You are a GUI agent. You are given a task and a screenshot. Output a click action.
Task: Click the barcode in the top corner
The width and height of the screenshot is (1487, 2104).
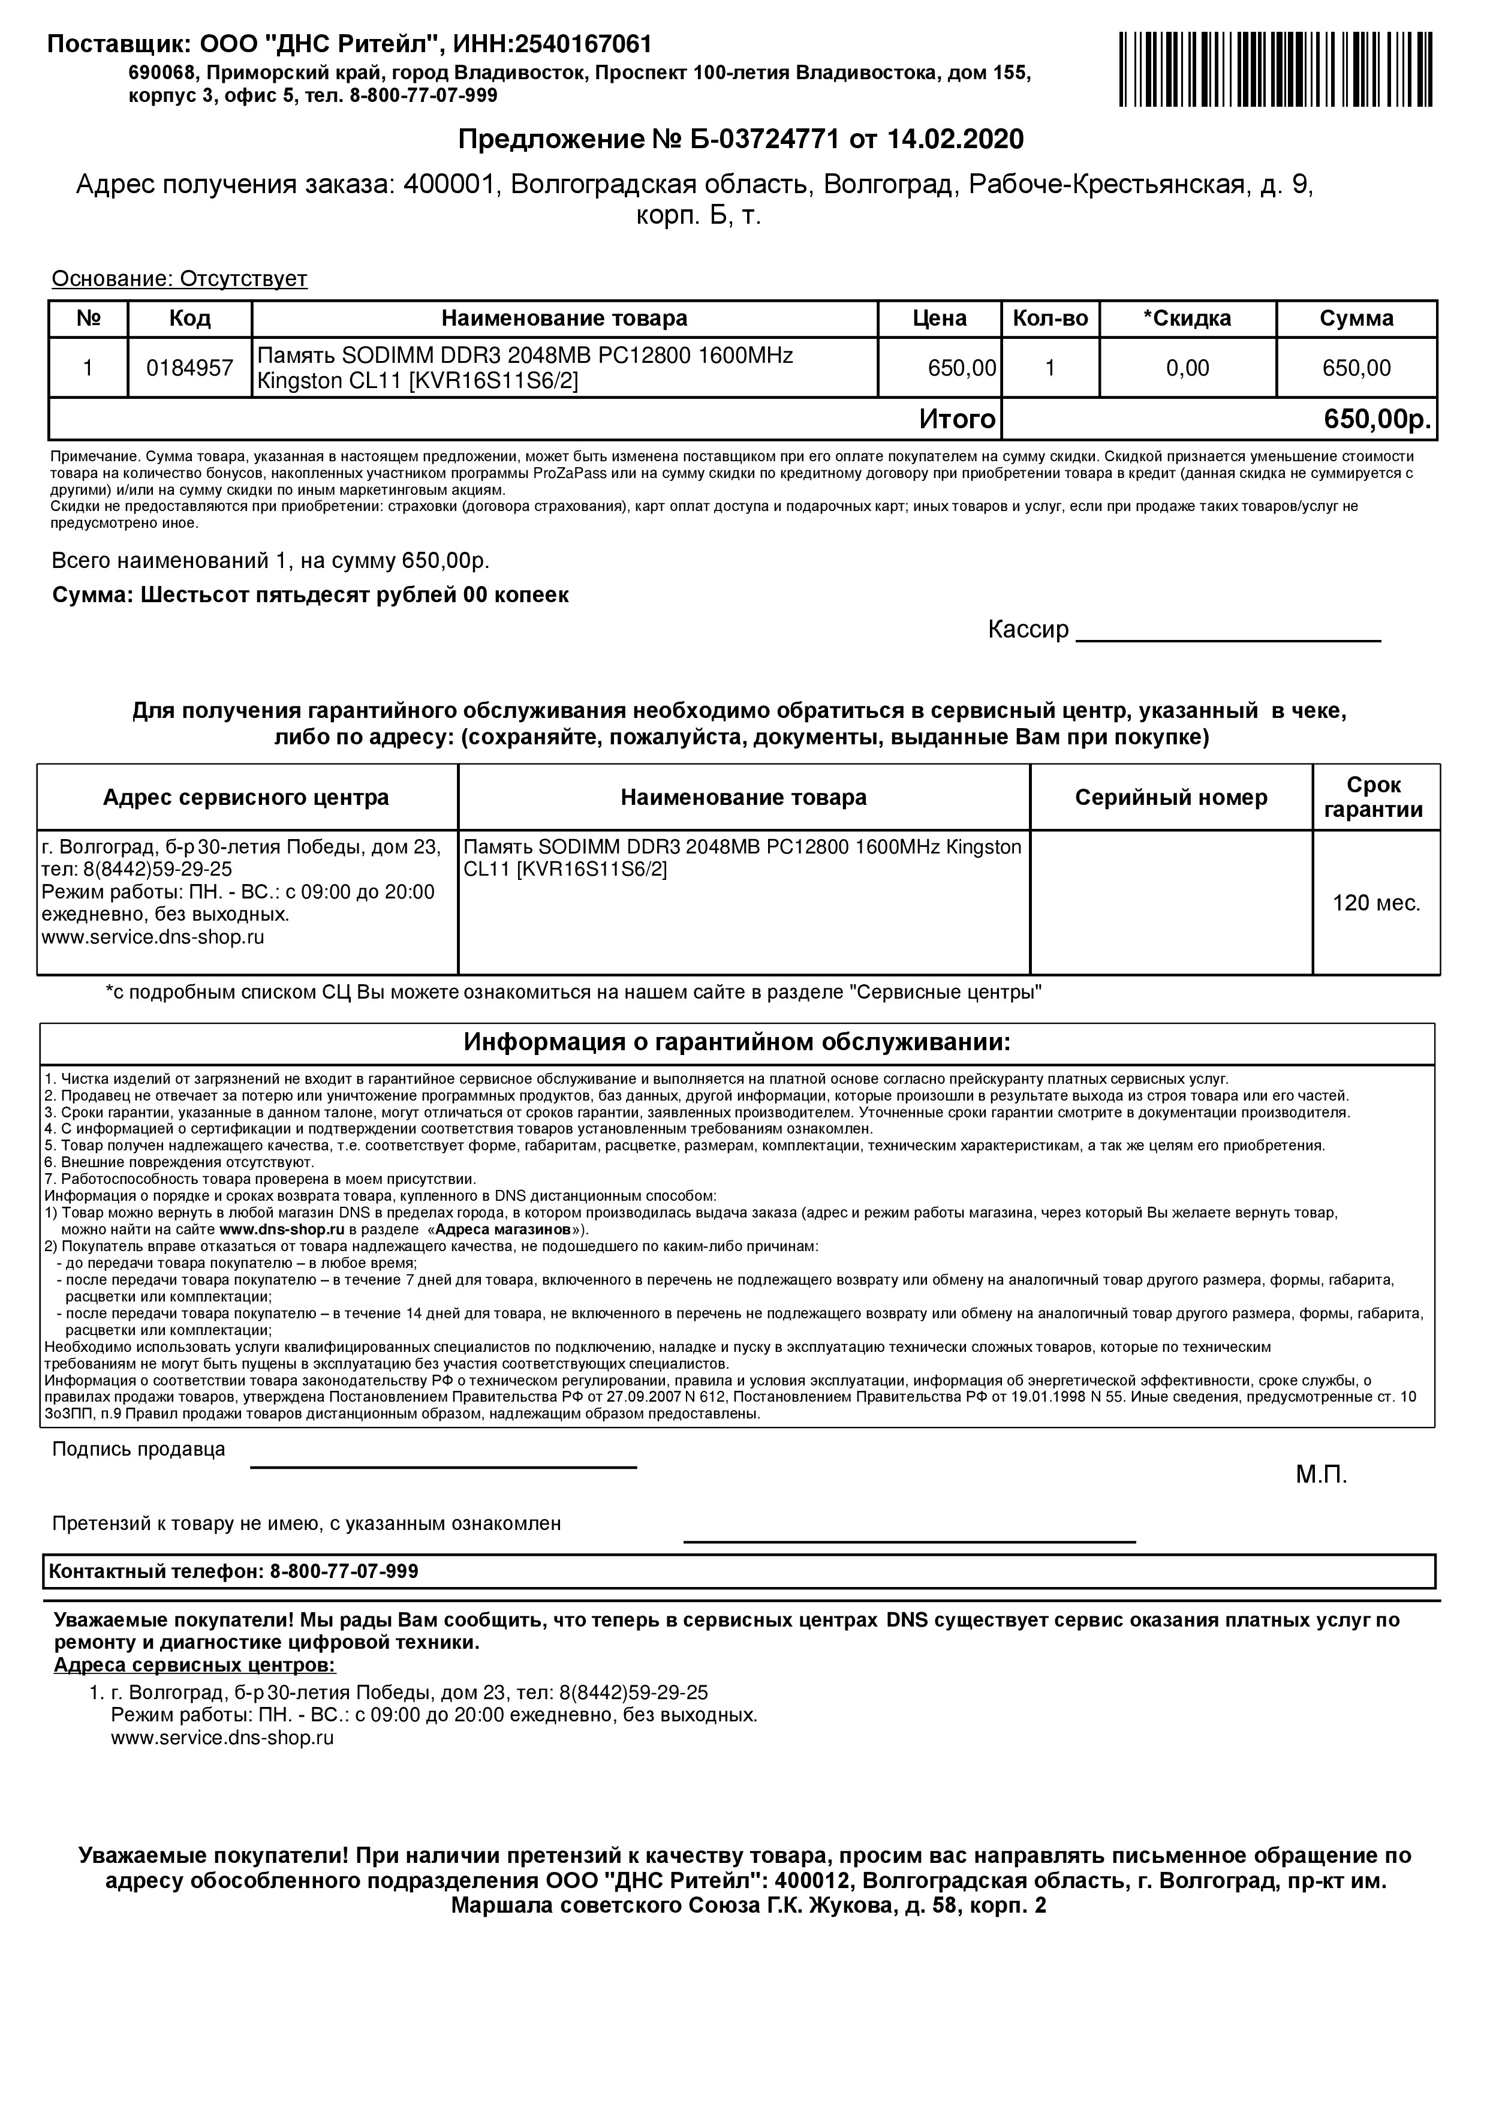tap(1277, 69)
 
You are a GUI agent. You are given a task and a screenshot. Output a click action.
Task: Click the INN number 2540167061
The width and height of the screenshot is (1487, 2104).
tap(583, 44)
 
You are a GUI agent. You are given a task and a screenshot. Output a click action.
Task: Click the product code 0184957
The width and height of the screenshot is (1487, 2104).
tap(189, 368)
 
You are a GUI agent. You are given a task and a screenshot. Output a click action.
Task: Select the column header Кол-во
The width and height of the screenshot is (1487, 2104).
tap(1050, 319)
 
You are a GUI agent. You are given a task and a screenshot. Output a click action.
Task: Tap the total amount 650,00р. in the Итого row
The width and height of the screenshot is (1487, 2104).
tap(1377, 420)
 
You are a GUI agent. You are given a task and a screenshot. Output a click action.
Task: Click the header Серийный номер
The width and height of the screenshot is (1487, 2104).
tap(1171, 797)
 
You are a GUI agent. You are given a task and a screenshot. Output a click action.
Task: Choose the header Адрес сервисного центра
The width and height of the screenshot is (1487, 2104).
tap(246, 797)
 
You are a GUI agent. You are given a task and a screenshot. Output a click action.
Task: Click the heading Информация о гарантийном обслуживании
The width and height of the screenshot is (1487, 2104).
tap(737, 1043)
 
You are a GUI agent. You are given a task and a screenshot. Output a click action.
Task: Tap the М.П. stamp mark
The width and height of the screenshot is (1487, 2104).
tap(1321, 1475)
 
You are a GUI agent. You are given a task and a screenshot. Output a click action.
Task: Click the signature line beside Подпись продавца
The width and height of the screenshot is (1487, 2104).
tap(444, 1466)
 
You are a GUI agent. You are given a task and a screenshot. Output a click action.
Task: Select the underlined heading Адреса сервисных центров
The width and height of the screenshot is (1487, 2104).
tap(194, 1664)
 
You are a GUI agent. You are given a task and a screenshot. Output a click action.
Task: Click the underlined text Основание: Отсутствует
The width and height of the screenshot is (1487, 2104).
tap(179, 278)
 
